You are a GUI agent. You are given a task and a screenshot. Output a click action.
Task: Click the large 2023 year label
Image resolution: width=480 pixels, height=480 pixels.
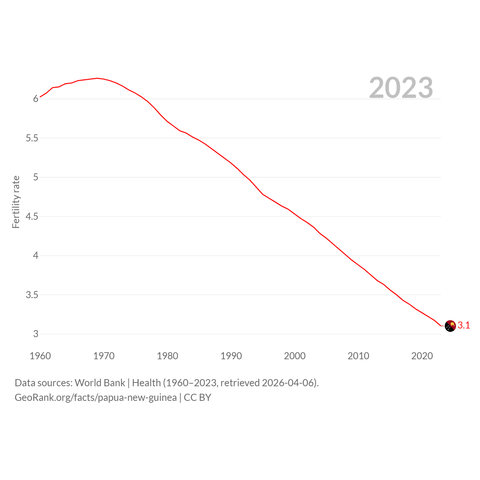(x=401, y=88)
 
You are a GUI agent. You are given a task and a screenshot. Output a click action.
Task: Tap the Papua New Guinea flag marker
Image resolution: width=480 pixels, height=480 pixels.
(x=450, y=326)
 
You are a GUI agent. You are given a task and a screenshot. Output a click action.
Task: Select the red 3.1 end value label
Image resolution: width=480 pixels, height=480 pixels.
(x=464, y=325)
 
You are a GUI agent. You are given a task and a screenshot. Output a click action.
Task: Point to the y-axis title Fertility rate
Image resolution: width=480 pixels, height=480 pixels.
(x=16, y=202)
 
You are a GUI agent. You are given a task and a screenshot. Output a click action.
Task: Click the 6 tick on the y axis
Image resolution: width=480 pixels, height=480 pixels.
(x=36, y=99)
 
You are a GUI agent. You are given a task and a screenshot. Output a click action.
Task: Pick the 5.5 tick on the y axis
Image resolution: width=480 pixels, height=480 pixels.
(x=32, y=138)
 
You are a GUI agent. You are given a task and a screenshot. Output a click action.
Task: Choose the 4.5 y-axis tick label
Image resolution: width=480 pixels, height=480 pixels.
(x=32, y=216)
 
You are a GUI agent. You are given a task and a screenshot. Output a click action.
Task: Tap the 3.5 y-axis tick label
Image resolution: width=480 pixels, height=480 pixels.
(x=32, y=295)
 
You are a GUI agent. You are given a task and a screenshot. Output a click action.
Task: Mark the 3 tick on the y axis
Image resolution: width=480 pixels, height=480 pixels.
(x=36, y=334)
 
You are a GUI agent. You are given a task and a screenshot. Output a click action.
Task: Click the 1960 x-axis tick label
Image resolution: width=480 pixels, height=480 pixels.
(x=40, y=356)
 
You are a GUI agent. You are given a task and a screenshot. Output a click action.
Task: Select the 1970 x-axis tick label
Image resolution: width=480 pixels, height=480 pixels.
(x=104, y=356)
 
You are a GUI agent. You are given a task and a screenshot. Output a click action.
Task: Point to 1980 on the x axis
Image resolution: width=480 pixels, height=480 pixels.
(x=167, y=356)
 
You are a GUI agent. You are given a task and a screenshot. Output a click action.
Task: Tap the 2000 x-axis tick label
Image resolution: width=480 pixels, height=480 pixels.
(x=295, y=356)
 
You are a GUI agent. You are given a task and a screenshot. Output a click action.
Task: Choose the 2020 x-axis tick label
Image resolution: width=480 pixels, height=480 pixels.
(x=422, y=356)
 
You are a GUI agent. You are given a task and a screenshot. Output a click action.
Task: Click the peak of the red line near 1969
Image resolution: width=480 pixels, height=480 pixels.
(x=97, y=78)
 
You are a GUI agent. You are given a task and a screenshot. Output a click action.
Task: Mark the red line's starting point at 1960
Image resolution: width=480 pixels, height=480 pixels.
(x=40, y=97)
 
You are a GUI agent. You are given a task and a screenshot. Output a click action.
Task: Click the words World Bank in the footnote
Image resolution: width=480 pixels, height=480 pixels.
(x=100, y=383)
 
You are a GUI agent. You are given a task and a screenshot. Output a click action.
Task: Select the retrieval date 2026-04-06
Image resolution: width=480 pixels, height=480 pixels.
(x=288, y=383)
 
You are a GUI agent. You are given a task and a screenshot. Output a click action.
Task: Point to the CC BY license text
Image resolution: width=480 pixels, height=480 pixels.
(x=198, y=397)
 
